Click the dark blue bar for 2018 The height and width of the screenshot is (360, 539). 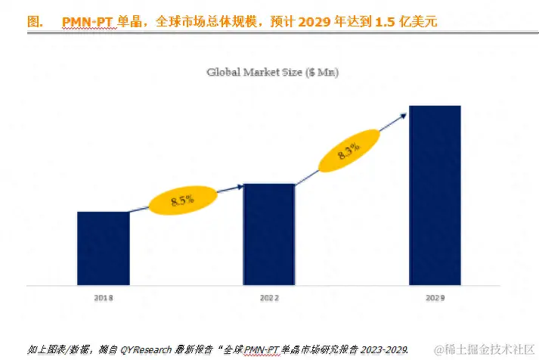103,248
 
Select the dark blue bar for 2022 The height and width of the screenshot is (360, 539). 268,234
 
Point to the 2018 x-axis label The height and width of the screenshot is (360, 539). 104,298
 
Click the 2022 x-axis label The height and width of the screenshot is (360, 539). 268,298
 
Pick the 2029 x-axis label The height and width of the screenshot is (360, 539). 435,298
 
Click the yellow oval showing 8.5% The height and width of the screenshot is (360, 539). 182,200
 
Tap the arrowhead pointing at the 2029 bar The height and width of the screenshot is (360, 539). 404,113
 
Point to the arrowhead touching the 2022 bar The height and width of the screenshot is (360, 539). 239,185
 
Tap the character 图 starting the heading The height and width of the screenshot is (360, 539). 33,22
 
